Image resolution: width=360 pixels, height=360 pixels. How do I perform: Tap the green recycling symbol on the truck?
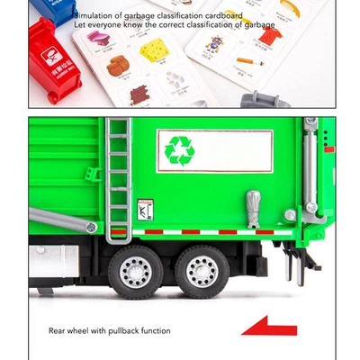(180, 149)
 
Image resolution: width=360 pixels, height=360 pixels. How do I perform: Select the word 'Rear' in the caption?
(58, 330)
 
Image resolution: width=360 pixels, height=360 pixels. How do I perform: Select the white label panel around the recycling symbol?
(216, 148)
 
